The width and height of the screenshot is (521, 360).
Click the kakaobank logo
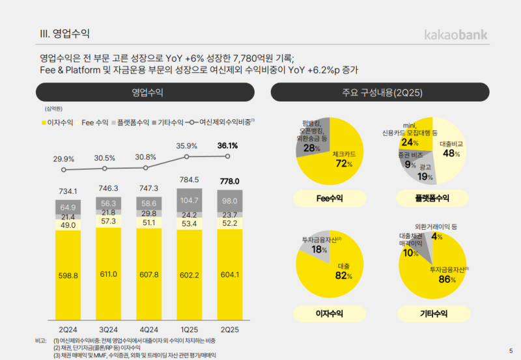tap(455, 34)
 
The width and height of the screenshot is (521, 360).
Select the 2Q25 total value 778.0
tap(229, 181)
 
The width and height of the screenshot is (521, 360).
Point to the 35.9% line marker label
tap(187, 146)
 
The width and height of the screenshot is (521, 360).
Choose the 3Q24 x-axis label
tap(108, 329)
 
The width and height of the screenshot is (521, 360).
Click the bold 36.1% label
tap(227, 146)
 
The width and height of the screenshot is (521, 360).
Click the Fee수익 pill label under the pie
tap(330, 198)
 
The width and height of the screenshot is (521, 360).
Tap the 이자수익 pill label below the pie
tap(330, 314)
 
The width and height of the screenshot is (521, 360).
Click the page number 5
tap(510, 351)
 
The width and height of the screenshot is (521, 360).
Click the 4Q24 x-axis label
tap(148, 329)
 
